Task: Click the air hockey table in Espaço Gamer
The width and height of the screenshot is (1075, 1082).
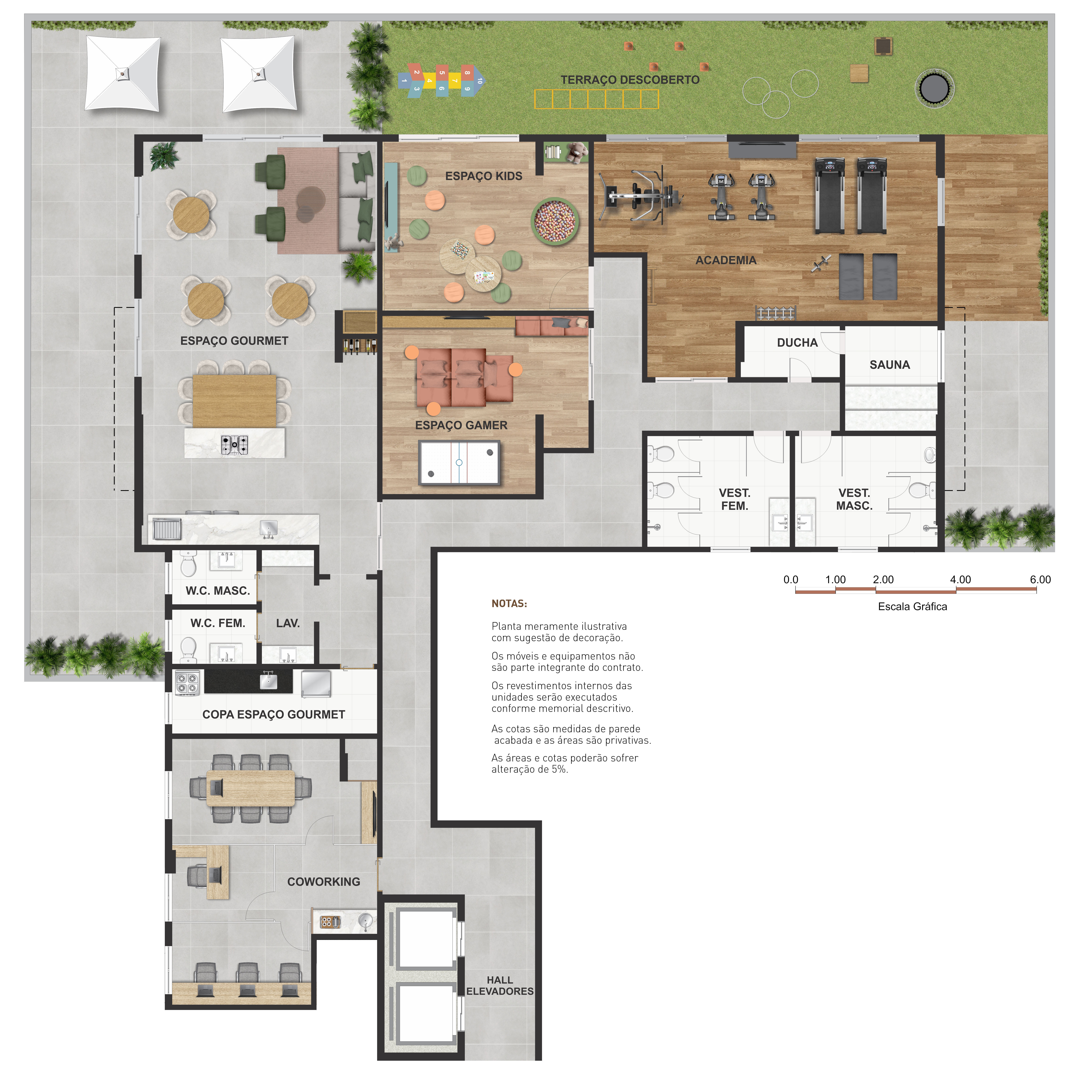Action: [459, 463]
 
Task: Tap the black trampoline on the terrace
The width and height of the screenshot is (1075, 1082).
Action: [934, 88]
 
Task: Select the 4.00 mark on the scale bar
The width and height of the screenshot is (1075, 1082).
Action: [960, 580]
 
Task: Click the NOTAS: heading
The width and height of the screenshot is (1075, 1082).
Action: [509, 604]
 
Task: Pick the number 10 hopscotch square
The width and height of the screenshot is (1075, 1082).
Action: [480, 81]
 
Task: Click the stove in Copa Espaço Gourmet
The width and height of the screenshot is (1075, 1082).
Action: [187, 683]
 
